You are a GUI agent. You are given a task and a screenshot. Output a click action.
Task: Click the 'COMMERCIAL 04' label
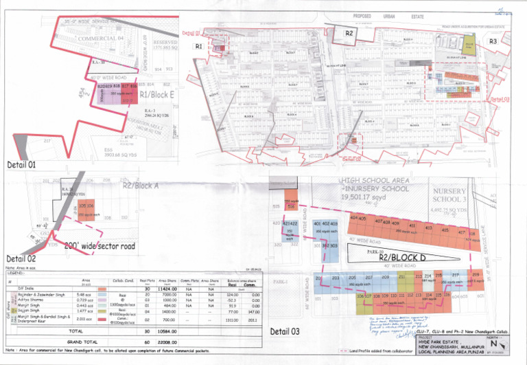tap(100, 38)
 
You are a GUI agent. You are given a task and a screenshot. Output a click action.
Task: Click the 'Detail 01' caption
tap(21, 165)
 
